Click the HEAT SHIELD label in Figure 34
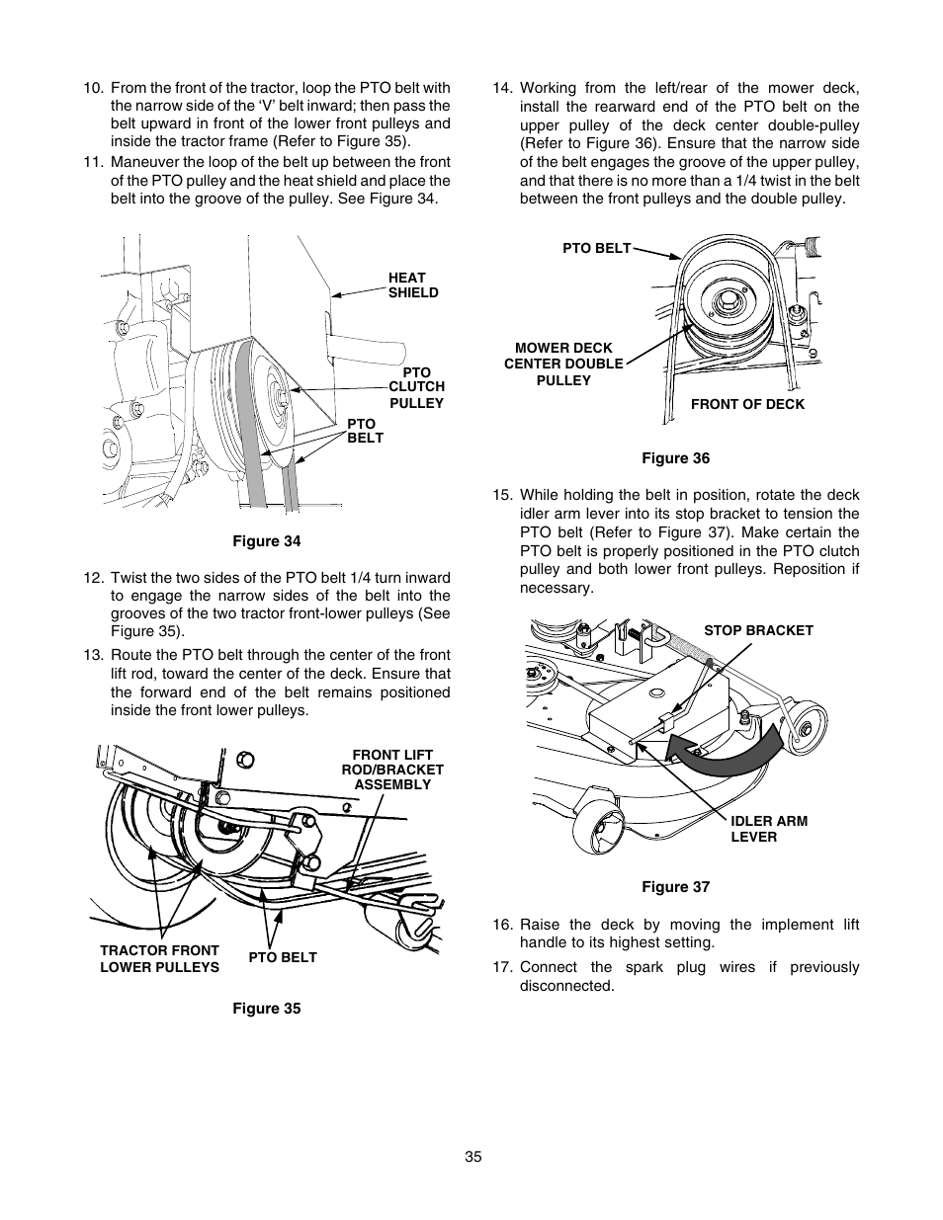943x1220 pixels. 412,285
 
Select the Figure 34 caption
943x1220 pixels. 266,541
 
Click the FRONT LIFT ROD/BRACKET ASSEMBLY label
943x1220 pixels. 392,770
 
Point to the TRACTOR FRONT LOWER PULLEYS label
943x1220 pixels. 159,958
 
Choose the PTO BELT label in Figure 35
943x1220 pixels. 283,957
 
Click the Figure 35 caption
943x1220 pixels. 266,1009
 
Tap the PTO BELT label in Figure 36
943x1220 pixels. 596,248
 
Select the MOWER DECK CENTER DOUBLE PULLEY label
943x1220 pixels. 563,364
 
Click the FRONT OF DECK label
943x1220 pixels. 747,404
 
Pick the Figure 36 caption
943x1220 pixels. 675,458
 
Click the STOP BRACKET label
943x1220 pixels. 758,630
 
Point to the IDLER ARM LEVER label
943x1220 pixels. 769,829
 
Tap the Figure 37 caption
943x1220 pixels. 675,887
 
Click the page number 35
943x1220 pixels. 472,1157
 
